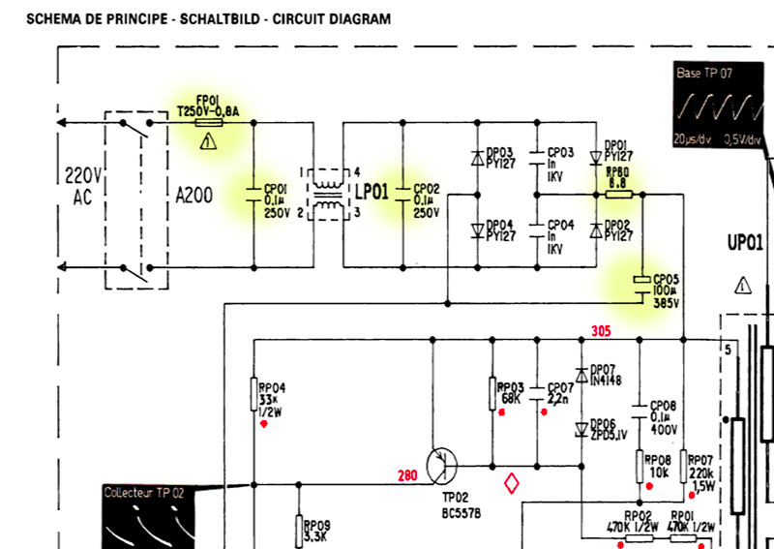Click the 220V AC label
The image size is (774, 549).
[82, 187]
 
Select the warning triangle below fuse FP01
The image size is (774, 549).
[206, 141]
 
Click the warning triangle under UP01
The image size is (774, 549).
[742, 285]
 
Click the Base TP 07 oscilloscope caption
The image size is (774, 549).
[704, 73]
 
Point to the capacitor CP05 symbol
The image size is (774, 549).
[640, 280]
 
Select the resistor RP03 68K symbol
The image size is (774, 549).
[491, 392]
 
